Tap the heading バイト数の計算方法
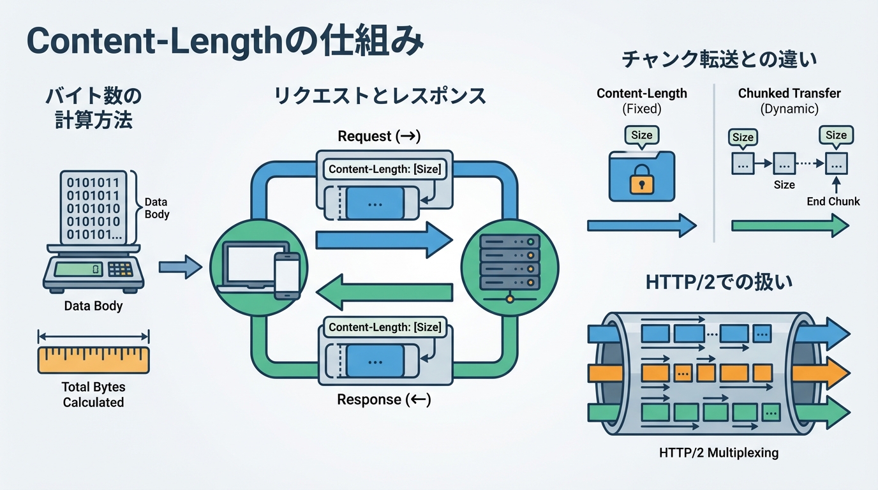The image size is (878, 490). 93,108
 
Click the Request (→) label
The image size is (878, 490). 379,136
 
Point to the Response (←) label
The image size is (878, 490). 383,400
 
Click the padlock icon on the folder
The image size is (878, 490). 642,182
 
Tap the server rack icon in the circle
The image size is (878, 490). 509,262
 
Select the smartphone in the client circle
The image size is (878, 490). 286,275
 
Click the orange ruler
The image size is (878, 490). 93,360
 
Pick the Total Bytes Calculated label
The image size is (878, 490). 93,394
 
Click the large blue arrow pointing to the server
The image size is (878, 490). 383,239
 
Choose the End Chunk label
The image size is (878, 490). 833,202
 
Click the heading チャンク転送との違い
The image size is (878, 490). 719,60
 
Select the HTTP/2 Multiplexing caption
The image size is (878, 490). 718,453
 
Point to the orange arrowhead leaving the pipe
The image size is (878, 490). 836,372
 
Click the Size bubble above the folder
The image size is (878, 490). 642,135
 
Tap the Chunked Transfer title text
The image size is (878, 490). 789,93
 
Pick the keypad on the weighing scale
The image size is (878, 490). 120,269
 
